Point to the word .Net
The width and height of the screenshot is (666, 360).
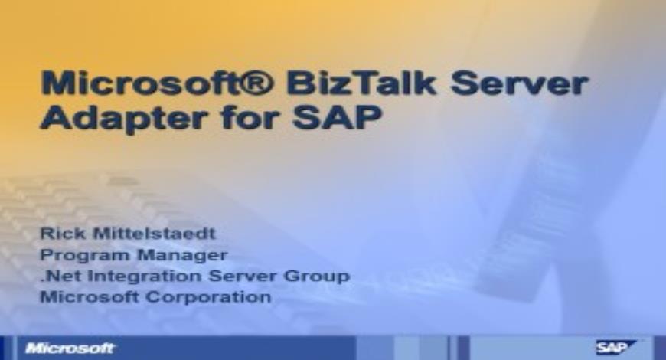58,275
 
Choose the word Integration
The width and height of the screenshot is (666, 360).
140,275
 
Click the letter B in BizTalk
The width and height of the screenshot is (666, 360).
302,84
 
